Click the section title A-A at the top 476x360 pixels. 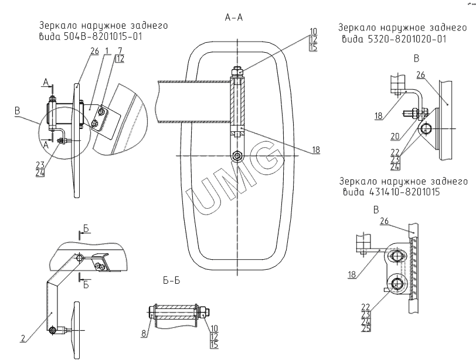pos(234,18)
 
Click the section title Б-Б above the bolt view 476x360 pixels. pos(172,281)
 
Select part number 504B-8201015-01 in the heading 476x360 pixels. pos(103,37)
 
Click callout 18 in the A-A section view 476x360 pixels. pos(316,150)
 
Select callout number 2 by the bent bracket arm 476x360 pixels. pos(23,338)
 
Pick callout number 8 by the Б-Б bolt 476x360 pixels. pos(144,334)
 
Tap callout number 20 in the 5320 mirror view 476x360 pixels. pos(395,136)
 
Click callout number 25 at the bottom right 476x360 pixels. pos(366,328)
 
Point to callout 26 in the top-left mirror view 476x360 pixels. pos(95,50)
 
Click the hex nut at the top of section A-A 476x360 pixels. pos(237,72)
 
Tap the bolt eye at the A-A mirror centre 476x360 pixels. pos(237,156)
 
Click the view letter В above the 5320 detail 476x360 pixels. pos(416,59)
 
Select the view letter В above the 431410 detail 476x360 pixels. pos(376,210)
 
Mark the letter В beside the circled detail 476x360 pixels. pos(18,111)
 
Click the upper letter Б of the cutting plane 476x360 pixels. pos(86,229)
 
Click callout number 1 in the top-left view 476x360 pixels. pos(107,50)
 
